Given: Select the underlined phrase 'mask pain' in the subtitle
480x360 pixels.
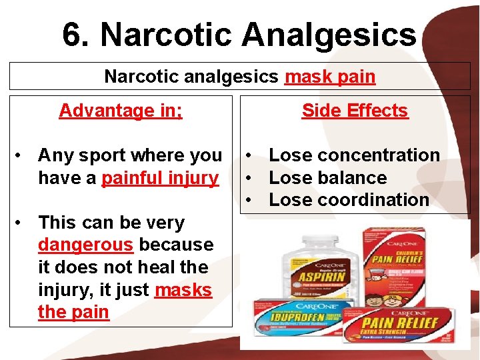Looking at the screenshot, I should point(330,77).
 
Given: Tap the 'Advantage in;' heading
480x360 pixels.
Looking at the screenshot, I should point(121,111).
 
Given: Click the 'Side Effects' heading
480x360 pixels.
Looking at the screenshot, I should point(355,111).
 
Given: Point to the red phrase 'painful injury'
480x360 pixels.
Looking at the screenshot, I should point(160,178).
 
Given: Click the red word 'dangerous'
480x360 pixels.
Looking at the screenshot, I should point(86,245).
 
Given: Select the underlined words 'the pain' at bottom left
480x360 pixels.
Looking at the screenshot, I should point(73,313).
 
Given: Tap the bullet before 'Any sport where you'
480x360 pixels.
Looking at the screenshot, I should point(22,155).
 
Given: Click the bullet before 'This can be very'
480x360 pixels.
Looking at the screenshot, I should point(22,222).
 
